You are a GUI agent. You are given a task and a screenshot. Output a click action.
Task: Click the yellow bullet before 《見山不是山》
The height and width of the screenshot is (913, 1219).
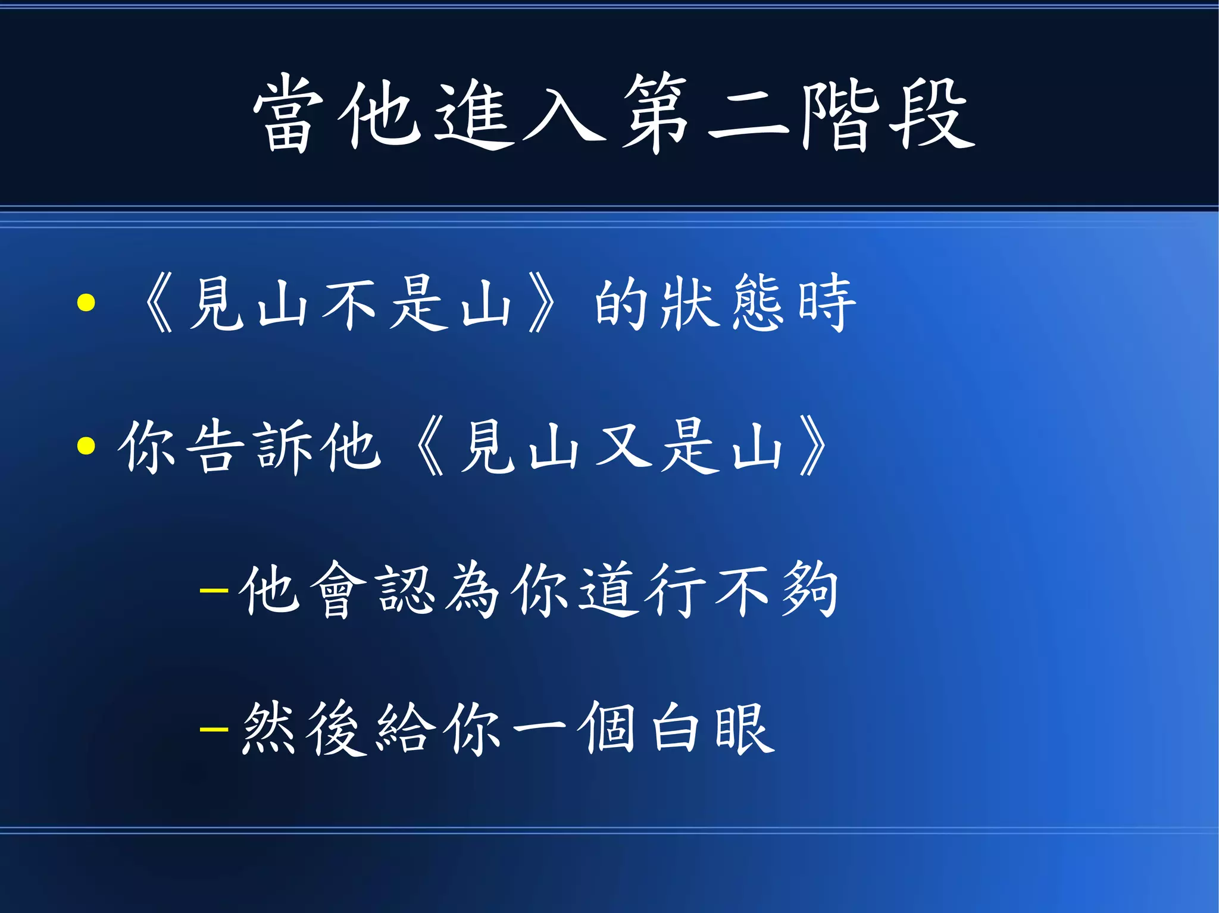pos(86,303)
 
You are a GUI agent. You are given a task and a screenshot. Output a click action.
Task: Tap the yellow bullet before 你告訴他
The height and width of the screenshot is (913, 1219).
pos(86,445)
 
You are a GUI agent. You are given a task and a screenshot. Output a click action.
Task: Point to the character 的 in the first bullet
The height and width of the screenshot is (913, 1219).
pos(621,303)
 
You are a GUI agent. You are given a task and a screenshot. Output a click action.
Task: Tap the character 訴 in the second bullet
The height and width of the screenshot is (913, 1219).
pos(283,446)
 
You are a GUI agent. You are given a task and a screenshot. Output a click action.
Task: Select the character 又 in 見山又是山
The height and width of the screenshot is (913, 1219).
pos(623,446)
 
